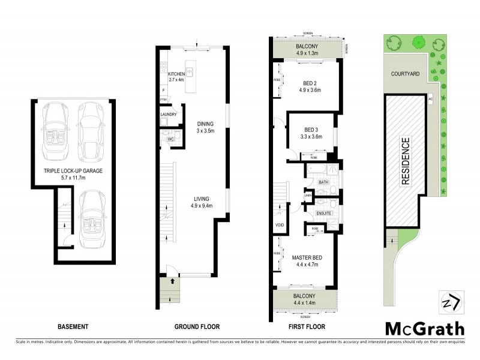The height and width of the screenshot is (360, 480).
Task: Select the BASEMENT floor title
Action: tap(73, 327)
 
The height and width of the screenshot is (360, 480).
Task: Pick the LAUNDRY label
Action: tap(169, 113)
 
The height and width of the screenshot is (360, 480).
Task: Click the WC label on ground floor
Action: tap(170, 140)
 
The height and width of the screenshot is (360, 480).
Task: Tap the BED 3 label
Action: tap(312, 133)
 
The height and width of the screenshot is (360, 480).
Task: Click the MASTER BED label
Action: tap(307, 262)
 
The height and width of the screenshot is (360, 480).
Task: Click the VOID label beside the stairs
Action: tap(279, 226)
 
